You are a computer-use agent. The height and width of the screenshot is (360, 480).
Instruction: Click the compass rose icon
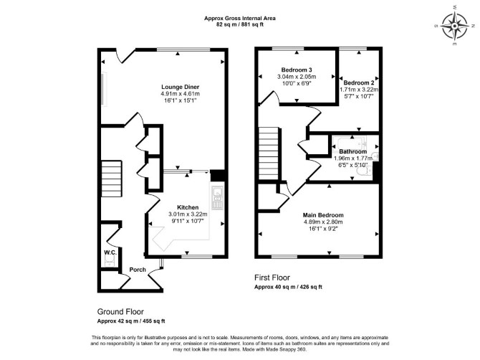[455, 26]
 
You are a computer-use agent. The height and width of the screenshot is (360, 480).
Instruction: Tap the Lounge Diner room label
[181, 87]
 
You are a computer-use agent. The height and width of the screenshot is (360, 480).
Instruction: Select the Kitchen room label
[188, 207]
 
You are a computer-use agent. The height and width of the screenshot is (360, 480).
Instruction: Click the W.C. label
[110, 252]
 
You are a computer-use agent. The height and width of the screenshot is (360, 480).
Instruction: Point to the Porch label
[138, 270]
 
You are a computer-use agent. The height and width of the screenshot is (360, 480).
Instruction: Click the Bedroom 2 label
[359, 82]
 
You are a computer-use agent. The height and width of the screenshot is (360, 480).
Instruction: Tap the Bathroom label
[352, 151]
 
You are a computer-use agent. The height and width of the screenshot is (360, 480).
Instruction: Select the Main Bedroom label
[323, 215]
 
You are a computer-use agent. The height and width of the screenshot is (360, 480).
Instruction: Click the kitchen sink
[218, 198]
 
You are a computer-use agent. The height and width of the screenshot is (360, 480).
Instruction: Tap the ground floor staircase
[112, 179]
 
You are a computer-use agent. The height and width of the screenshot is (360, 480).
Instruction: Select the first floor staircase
[269, 153]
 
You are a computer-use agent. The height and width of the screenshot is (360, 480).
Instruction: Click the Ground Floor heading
[120, 312]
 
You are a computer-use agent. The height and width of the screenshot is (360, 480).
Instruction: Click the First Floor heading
[272, 278]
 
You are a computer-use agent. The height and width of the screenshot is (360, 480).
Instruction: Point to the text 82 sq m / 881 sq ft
[240, 25]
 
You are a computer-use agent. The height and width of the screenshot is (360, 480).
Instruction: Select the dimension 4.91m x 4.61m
[181, 94]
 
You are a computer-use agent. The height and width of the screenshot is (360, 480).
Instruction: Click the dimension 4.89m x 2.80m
[323, 222]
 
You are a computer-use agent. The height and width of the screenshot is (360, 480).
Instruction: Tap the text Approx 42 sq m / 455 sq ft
[131, 321]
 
